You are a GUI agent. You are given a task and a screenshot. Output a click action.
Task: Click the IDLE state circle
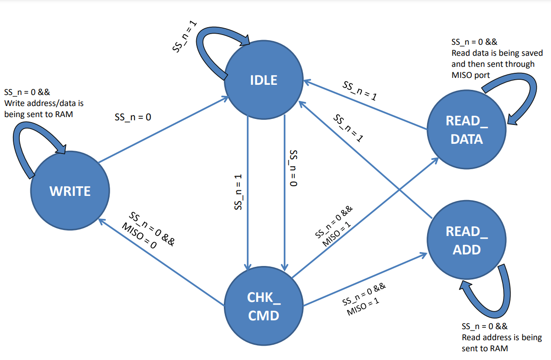tap(264, 80)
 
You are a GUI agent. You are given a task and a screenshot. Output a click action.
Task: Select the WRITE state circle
tap(70, 191)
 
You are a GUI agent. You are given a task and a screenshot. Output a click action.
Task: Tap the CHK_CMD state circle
tap(264, 306)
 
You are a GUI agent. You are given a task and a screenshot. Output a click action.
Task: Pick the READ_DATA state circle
tap(467, 130)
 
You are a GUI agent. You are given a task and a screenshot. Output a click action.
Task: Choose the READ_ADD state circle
tap(467, 240)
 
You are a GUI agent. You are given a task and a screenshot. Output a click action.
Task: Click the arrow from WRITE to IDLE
tap(164, 130)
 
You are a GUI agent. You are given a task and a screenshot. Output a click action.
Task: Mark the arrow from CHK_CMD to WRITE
tap(161, 261)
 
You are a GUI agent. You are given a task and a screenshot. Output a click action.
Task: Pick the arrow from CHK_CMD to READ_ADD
tap(365, 279)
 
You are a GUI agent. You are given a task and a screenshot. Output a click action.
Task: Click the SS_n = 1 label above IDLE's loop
tap(184, 36)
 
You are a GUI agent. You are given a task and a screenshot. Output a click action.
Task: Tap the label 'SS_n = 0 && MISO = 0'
tap(148, 230)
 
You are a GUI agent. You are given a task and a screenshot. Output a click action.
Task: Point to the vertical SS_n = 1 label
tap(238, 192)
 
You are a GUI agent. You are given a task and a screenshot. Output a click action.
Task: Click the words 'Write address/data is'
tap(44, 103)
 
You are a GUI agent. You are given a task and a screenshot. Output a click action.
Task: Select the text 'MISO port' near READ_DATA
tap(470, 75)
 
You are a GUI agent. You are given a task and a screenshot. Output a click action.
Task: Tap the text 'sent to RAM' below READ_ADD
tap(485, 348)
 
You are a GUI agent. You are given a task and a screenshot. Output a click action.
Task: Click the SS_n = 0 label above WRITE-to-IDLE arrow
tap(133, 117)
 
